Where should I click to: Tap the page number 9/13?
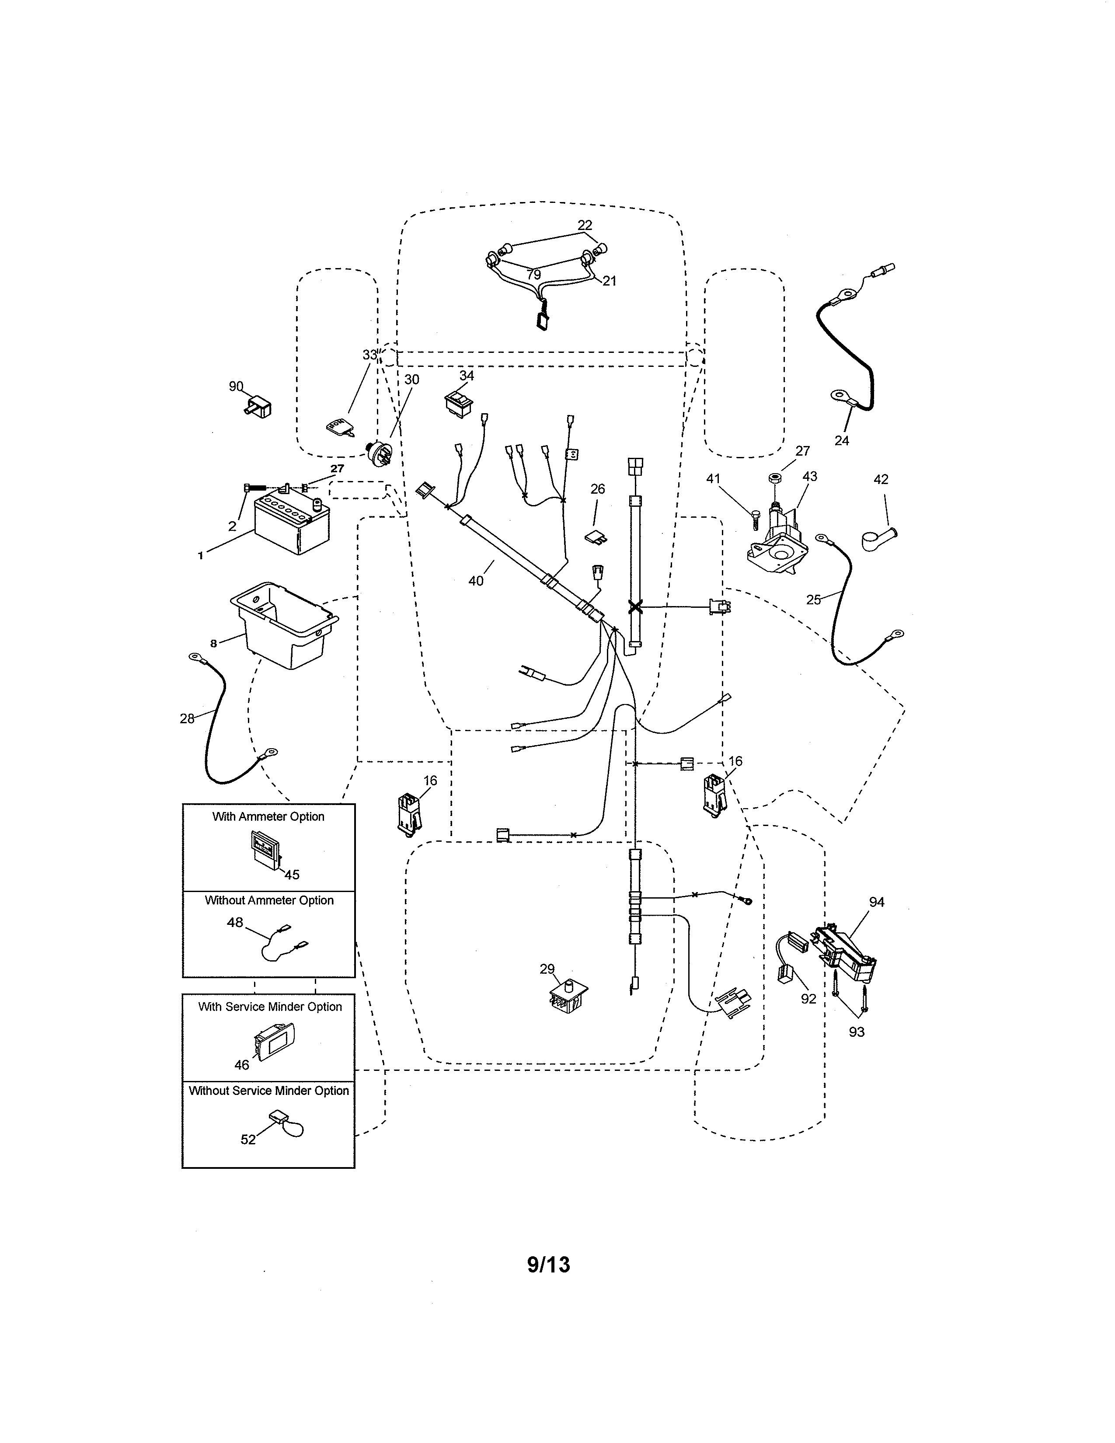pos(548,1265)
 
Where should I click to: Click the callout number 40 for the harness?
pos(476,581)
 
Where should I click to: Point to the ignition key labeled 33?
pos(338,428)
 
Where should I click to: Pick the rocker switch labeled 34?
pos(459,403)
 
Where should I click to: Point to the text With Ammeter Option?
pos(268,817)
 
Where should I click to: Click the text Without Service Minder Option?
pos(269,1091)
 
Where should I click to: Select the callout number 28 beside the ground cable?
pos(187,718)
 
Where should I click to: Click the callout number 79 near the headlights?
pos(534,275)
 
